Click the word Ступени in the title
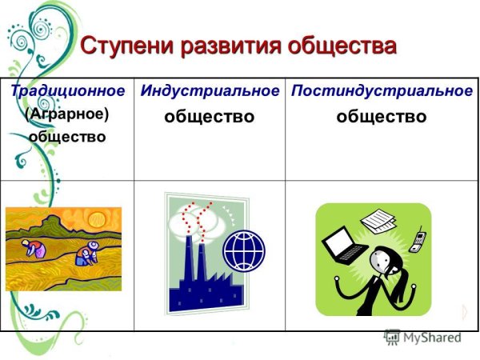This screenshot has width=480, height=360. coord(128,46)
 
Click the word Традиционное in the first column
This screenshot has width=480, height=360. coord(68,90)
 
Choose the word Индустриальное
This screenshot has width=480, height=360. coord(210,90)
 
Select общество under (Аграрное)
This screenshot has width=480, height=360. coord(67,136)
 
